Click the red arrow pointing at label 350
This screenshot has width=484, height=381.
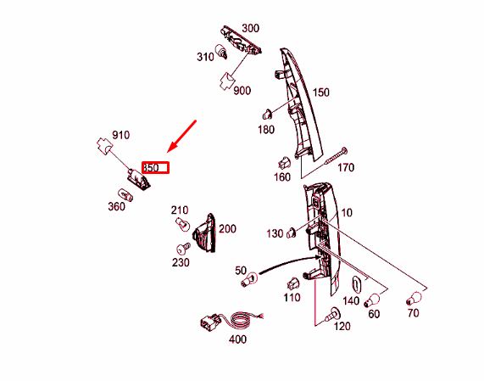coord(181,136)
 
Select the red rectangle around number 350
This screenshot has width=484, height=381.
coord(156,168)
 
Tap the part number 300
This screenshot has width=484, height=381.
coord(250,28)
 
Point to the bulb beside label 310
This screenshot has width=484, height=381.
coord(221,51)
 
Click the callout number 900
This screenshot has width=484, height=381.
coord(242,91)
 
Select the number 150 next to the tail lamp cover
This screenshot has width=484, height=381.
coord(321,92)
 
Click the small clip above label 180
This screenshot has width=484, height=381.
coord(267,115)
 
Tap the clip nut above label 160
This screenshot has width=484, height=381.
coord(284,163)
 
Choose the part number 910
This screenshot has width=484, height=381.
coord(120,135)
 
